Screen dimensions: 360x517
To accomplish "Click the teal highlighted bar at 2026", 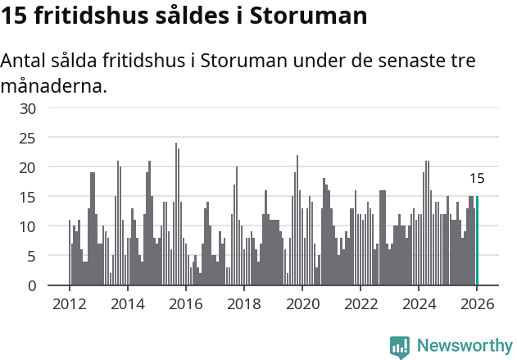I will coord(477,241).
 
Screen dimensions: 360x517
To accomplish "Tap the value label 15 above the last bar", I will coord(477,179).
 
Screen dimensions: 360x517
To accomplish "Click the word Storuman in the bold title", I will coord(292,16).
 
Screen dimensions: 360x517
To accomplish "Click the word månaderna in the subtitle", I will coord(53,85).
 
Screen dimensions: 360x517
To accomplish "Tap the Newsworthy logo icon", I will coord(400,347).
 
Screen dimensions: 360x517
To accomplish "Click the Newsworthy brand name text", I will coord(464,347).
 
